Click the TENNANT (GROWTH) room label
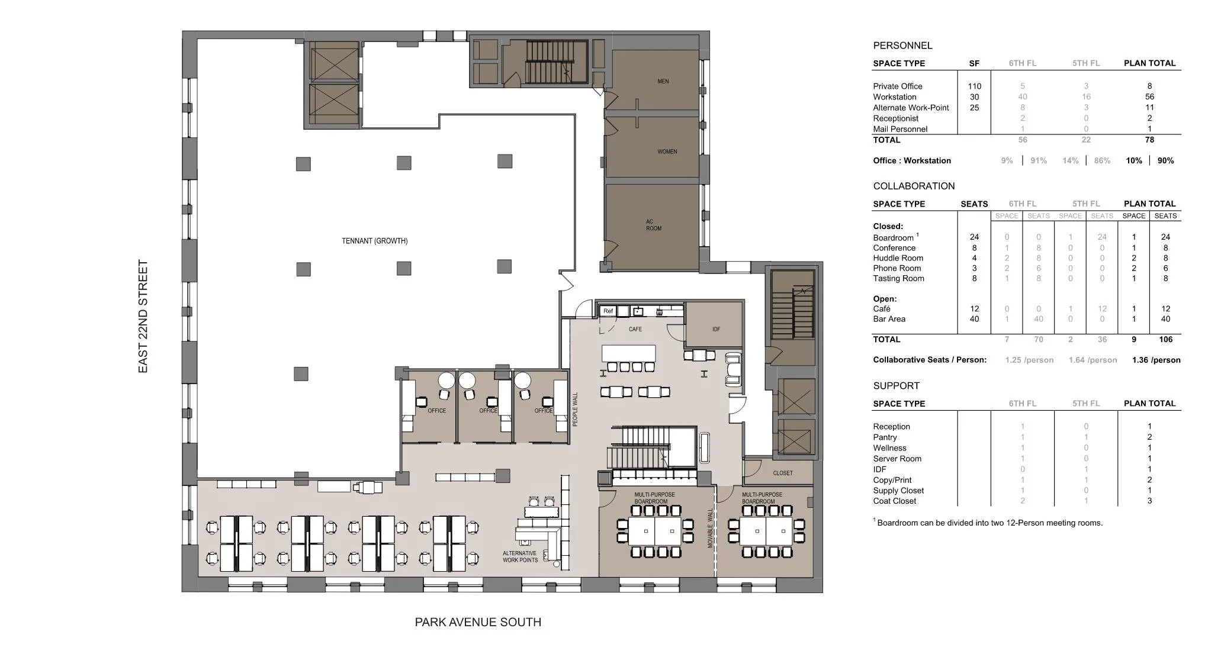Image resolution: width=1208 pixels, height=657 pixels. click(374, 241)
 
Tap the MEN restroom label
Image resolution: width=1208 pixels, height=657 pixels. click(663, 81)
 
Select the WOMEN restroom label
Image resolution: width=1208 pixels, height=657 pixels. click(667, 152)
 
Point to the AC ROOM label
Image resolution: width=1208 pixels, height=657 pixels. click(654, 225)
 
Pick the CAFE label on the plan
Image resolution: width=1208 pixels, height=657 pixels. click(635, 329)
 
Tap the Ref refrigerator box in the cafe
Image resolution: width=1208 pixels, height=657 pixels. click(608, 311)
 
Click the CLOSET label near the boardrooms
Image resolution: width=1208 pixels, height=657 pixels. click(783, 473)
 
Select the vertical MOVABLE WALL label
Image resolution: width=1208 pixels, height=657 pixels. click(711, 528)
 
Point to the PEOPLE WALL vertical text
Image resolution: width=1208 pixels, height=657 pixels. click(575, 409)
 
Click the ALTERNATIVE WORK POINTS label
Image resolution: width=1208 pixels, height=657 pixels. click(520, 556)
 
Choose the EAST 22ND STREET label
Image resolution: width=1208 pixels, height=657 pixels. click(143, 317)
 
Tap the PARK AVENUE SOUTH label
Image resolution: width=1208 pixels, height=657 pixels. click(478, 622)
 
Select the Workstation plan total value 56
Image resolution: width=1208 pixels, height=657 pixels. click(1149, 96)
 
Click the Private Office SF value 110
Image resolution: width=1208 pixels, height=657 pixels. click(974, 86)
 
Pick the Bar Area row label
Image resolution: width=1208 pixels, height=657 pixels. click(889, 319)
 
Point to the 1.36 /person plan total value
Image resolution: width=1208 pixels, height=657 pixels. click(1156, 360)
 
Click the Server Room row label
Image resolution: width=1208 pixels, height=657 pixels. click(897, 459)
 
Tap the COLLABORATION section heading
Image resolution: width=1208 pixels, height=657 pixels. click(914, 186)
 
